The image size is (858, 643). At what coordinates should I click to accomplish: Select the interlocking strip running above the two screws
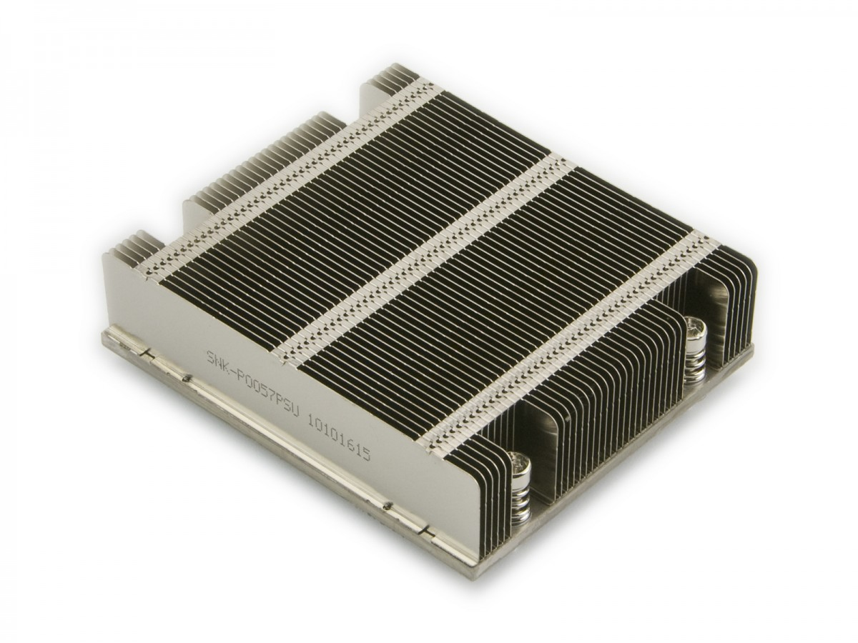(x=572, y=336)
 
